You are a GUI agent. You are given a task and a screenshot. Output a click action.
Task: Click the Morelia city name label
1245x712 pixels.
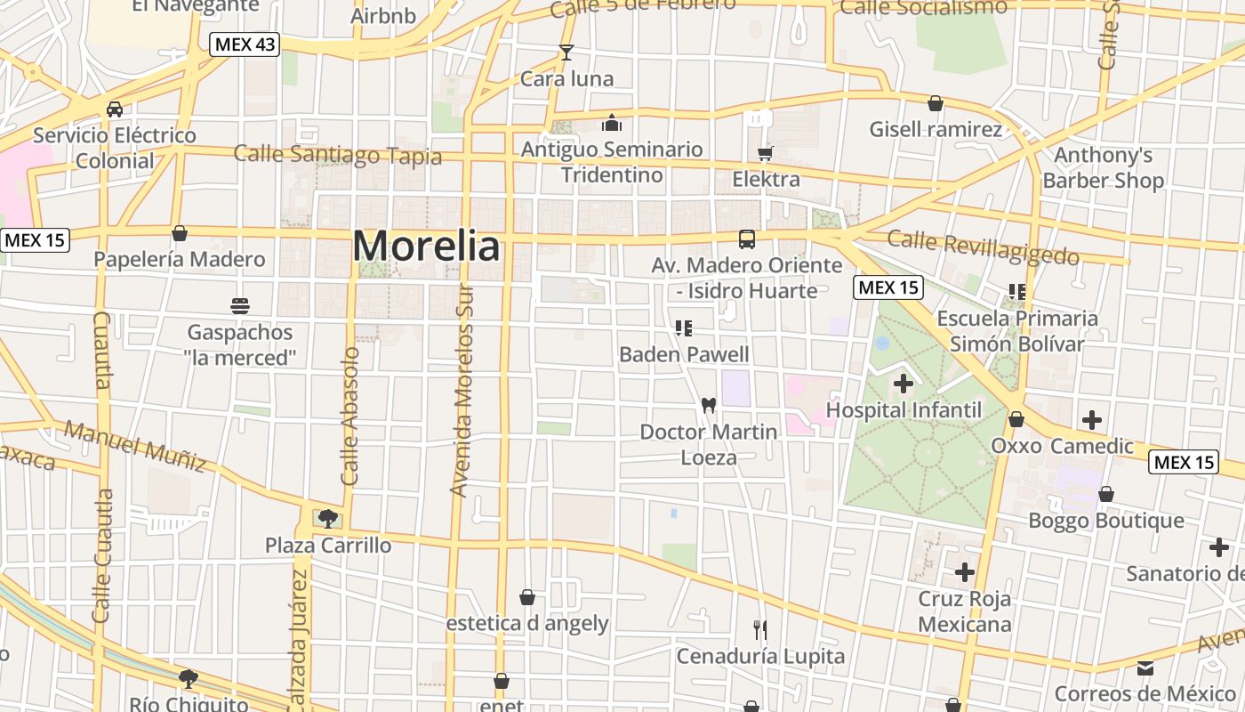tap(426, 247)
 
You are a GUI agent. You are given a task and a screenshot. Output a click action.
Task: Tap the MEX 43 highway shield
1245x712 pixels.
tap(245, 44)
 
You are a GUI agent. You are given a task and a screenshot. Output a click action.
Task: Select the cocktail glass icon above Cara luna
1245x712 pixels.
tap(566, 52)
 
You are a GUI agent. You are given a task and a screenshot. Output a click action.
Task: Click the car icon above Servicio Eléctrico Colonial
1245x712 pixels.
tap(115, 109)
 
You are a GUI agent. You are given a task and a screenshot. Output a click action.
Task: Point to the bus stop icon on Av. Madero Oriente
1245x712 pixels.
tap(747, 239)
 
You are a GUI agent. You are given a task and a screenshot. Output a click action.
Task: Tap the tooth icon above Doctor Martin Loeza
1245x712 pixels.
tap(709, 405)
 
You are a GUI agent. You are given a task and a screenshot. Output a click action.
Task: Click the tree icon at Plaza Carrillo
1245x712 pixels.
tap(328, 518)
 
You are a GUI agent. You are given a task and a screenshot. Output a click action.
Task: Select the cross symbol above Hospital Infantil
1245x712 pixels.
tap(904, 384)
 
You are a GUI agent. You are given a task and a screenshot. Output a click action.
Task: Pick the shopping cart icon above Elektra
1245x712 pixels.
tap(765, 153)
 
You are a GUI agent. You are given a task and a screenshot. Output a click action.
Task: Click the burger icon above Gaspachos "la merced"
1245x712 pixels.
tap(239, 306)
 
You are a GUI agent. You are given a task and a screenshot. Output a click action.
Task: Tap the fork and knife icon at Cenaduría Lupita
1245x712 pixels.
tap(760, 630)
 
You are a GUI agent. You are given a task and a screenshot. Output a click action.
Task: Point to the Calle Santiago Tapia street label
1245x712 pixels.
tap(337, 155)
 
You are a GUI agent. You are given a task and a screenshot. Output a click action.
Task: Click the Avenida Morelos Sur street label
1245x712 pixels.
tap(460, 390)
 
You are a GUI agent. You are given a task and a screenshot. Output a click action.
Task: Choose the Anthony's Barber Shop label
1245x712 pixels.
tap(1103, 168)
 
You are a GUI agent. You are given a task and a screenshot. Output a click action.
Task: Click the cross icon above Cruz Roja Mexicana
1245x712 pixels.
tap(965, 571)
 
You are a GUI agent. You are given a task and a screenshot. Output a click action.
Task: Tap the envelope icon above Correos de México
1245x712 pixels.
tap(1145, 667)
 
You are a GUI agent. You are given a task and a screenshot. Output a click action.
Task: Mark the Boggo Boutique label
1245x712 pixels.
tap(1106, 520)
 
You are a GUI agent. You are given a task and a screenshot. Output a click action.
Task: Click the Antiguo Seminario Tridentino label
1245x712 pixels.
tap(612, 162)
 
